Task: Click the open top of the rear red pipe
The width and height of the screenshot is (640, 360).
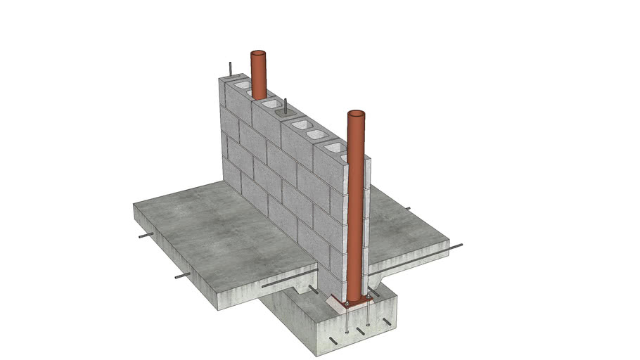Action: click(x=259, y=54)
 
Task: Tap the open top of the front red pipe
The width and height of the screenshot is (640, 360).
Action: click(x=356, y=114)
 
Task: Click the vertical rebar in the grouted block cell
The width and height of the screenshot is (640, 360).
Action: click(x=286, y=107)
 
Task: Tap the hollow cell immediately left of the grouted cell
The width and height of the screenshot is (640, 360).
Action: click(x=268, y=103)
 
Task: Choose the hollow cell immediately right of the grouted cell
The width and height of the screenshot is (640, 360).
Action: click(x=298, y=124)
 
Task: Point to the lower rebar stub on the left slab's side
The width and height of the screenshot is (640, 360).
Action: click(x=182, y=276)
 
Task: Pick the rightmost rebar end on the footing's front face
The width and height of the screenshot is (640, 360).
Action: click(x=386, y=322)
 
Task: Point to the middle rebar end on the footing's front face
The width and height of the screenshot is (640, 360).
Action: click(x=360, y=330)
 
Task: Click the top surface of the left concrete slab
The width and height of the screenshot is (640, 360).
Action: click(x=211, y=225)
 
